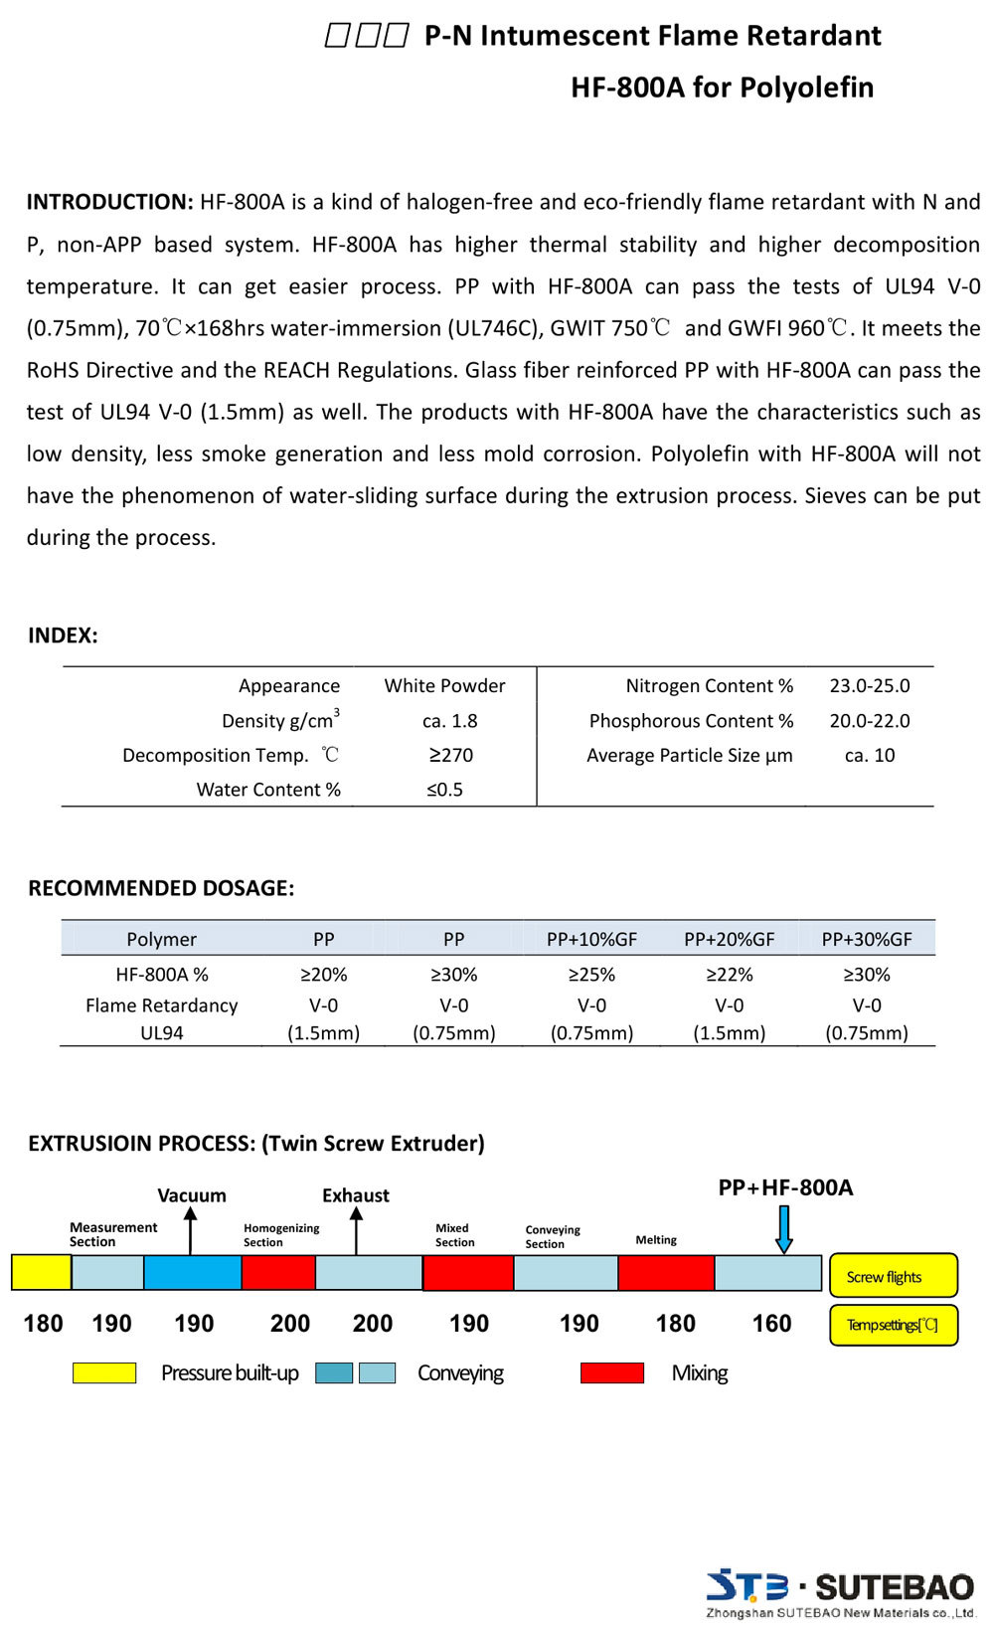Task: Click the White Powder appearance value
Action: (x=444, y=686)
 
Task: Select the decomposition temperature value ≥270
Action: (x=450, y=756)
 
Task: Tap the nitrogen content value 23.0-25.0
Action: (x=870, y=686)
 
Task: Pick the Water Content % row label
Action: (x=268, y=790)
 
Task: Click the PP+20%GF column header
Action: (x=729, y=940)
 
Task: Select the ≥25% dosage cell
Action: (x=591, y=975)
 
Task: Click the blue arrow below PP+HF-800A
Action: (x=784, y=1229)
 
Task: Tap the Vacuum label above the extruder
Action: (x=192, y=1195)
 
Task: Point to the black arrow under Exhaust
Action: (x=357, y=1230)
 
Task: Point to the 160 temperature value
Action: (x=771, y=1324)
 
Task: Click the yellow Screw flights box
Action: (x=893, y=1276)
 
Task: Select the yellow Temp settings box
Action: (x=893, y=1325)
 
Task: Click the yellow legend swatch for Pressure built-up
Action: (x=104, y=1373)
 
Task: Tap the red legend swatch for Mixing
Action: (x=612, y=1373)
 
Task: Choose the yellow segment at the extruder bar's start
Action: (x=42, y=1273)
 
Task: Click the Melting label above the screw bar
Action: (x=656, y=1240)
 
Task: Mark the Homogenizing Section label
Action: (x=281, y=1235)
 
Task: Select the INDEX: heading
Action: (x=63, y=637)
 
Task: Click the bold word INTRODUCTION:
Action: (x=109, y=203)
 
